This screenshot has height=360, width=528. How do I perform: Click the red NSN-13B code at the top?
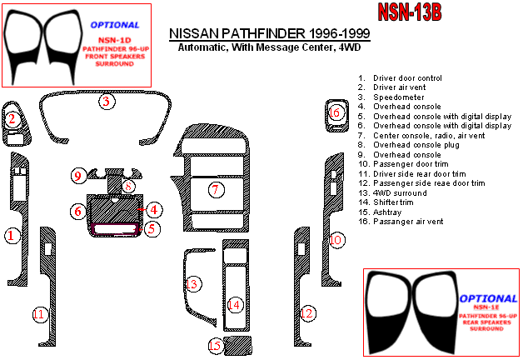click(410, 12)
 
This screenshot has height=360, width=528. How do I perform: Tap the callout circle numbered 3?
click(107, 101)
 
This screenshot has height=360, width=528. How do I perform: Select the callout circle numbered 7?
click(216, 190)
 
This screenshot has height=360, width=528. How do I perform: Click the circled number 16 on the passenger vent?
click(335, 112)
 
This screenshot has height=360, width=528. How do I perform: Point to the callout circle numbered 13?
click(193, 284)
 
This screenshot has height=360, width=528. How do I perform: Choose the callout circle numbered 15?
click(216, 345)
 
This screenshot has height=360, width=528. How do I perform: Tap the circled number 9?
click(78, 176)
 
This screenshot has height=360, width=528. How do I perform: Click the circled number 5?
click(152, 229)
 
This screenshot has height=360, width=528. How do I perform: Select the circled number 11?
click(40, 314)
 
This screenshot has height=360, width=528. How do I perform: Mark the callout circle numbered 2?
click(12, 118)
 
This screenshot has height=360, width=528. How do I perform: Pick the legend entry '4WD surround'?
click(392, 192)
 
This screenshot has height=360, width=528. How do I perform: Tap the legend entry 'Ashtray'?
click(380, 212)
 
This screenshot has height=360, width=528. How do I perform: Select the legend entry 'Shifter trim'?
click(386, 202)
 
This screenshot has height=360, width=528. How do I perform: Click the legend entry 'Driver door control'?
click(400, 77)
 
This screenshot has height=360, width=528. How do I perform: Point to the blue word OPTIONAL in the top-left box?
click(115, 25)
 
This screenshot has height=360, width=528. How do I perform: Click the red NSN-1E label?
click(486, 307)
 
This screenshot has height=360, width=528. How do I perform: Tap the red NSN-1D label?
click(114, 40)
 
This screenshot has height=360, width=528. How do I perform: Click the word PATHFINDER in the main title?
click(263, 33)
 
